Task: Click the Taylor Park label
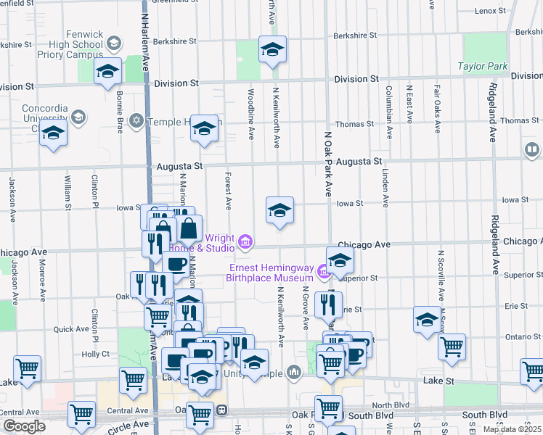pos(482,66)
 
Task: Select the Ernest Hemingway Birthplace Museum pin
pos(324,274)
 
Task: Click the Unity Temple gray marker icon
pos(293,373)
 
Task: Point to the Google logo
pos(23,426)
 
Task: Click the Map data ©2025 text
pos(513,429)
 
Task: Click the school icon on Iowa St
pos(279,210)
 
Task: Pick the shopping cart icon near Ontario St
pos(452,347)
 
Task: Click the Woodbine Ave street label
pos(250,114)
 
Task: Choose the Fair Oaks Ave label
pos(437,109)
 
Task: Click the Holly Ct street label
pos(95,354)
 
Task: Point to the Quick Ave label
pos(71,328)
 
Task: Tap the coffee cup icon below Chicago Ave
pos(175,264)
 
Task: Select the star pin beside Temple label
pos(136,120)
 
